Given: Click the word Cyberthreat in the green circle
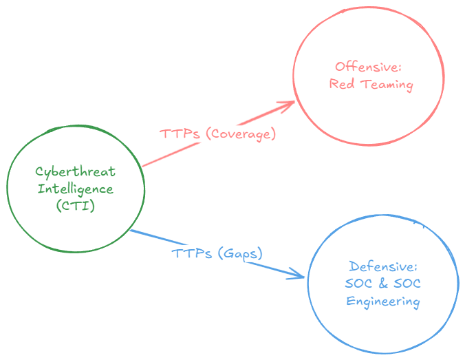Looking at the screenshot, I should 75,172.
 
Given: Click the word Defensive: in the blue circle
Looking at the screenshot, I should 383,266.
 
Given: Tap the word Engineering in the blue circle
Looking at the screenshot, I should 383,301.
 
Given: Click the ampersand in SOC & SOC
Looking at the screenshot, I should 383,284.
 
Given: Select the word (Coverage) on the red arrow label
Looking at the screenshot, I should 240,134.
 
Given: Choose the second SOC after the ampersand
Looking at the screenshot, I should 407,284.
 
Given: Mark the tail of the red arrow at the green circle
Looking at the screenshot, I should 142,165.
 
